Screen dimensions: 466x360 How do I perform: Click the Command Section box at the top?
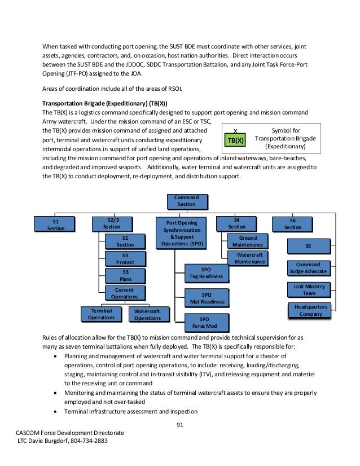click(x=187, y=201)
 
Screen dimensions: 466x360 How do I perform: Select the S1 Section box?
click(x=55, y=224)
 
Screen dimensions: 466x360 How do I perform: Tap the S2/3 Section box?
click(x=112, y=223)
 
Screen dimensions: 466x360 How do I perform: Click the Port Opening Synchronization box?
click(x=182, y=234)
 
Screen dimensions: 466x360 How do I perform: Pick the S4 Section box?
click(x=236, y=223)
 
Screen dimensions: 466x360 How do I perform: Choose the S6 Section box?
click(x=292, y=224)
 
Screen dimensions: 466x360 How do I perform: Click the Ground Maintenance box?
click(x=247, y=241)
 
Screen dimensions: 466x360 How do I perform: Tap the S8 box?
click(x=308, y=246)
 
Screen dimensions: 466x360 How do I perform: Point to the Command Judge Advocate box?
click(x=308, y=268)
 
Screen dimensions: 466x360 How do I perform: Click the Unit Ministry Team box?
click(x=309, y=289)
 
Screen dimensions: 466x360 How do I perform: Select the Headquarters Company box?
click(x=309, y=310)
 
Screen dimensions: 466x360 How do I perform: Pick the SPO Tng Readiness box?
click(x=207, y=273)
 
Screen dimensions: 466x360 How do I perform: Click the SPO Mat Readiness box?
click(x=207, y=298)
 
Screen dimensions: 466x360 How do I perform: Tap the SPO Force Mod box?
click(x=207, y=322)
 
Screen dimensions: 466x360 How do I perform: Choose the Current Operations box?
click(x=125, y=293)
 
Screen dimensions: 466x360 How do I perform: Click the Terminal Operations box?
click(x=101, y=314)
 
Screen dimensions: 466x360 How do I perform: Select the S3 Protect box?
click(x=125, y=259)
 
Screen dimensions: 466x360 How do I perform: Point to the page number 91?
click(x=180, y=425)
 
